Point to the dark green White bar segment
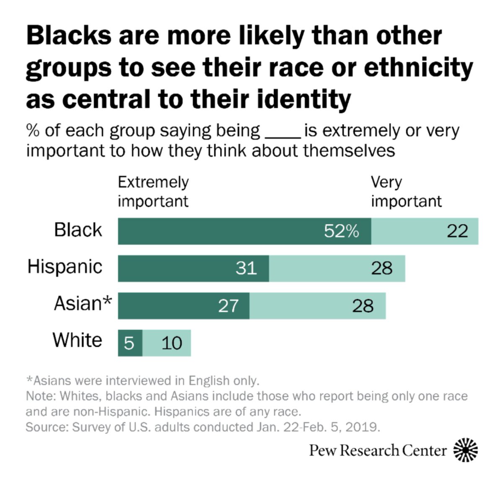130,343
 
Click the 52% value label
341,231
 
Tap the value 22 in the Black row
457,231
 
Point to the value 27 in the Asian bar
228,306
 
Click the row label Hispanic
65,267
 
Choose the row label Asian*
83,304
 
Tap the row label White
78,340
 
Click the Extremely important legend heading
153,192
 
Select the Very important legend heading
406,192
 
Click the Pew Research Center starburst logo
466,450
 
